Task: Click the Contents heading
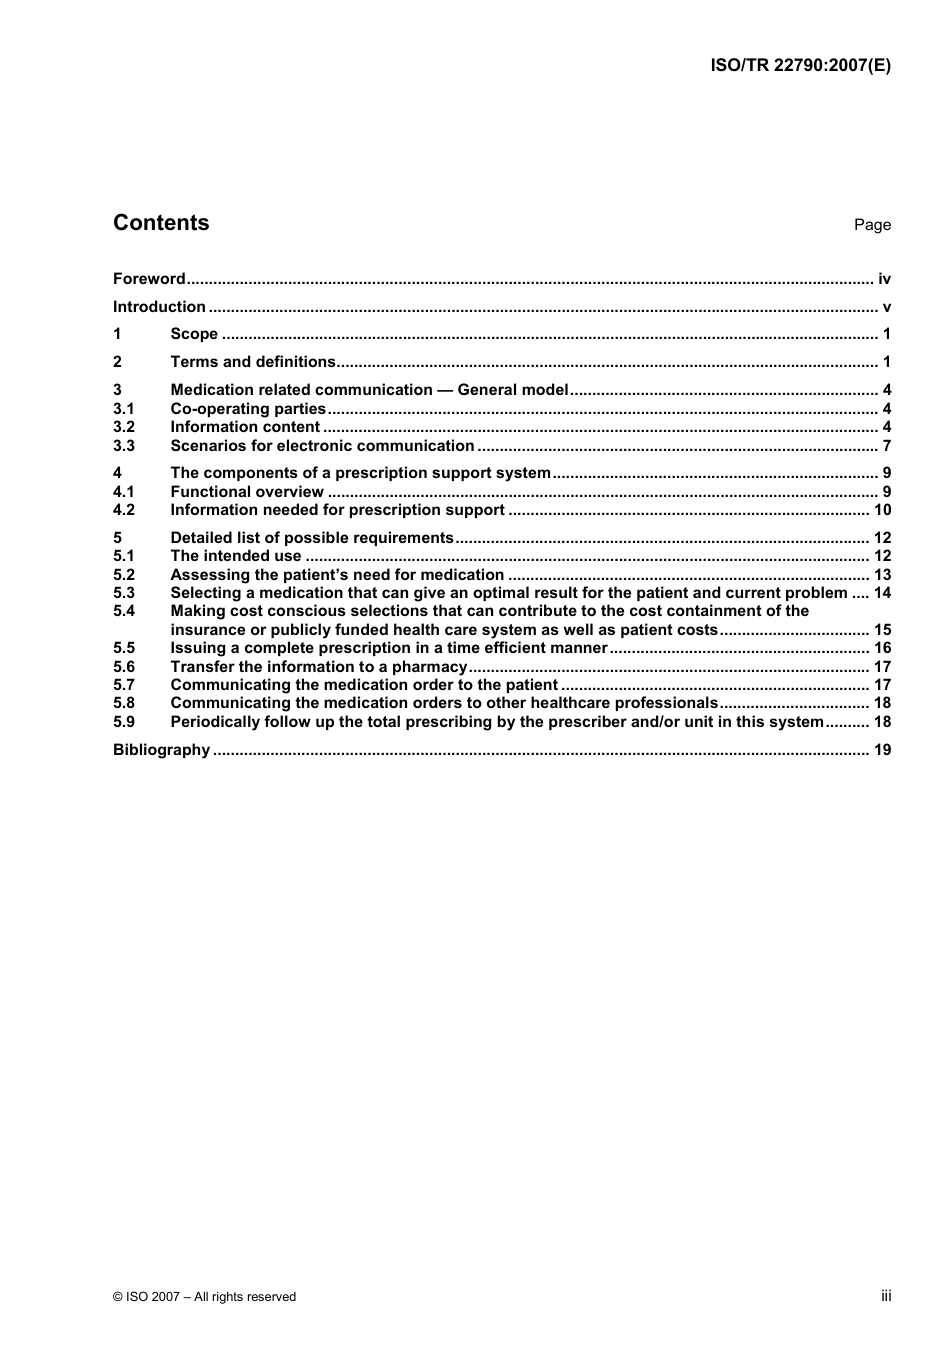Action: click(161, 223)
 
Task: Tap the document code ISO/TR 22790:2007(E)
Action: click(800, 65)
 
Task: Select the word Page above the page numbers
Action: click(872, 225)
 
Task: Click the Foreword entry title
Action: click(149, 279)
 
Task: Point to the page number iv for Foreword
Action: click(884, 279)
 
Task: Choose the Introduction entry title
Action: click(159, 307)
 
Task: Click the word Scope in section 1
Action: click(194, 334)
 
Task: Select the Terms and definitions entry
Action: click(253, 362)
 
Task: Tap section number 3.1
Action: click(124, 408)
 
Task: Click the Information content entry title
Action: click(245, 427)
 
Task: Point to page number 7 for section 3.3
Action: click(886, 446)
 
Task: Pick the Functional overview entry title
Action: click(247, 492)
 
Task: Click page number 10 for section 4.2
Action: click(882, 510)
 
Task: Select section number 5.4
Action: click(124, 611)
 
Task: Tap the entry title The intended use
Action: click(236, 556)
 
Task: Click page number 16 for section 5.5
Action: click(882, 648)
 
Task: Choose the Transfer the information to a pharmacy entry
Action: click(319, 667)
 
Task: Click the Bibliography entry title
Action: click(161, 750)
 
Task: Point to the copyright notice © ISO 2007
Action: click(204, 1297)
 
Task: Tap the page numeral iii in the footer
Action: click(886, 1296)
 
